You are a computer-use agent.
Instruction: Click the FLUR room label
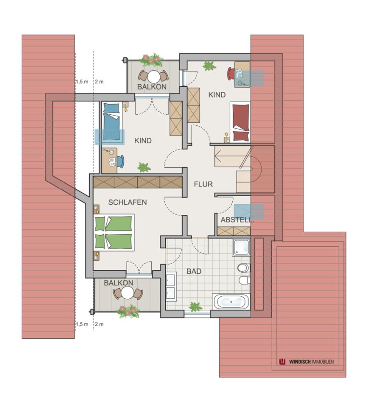[x=203, y=184]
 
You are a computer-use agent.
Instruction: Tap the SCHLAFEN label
[x=127, y=202]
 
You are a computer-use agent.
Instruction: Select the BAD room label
[x=194, y=271]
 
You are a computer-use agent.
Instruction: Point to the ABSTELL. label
[x=237, y=220]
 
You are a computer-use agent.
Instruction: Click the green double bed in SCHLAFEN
[x=114, y=232]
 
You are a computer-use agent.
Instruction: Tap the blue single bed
[x=112, y=123]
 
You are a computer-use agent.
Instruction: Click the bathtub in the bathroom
[x=231, y=302]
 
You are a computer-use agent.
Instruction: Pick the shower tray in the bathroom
[x=241, y=247]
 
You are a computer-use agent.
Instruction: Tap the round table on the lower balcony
[x=128, y=293]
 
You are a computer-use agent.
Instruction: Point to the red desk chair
[x=231, y=74]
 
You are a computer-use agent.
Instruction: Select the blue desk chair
[x=121, y=161]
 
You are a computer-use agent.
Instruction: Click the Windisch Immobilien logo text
[x=311, y=362]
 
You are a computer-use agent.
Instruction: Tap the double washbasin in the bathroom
[x=171, y=286]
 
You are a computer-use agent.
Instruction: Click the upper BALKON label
[x=152, y=87]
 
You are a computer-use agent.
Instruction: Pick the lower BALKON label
[x=119, y=283]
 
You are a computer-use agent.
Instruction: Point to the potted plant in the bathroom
[x=196, y=306]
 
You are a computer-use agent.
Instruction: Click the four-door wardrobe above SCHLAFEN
[x=138, y=182]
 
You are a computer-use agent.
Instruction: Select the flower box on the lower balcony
[x=128, y=312]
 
